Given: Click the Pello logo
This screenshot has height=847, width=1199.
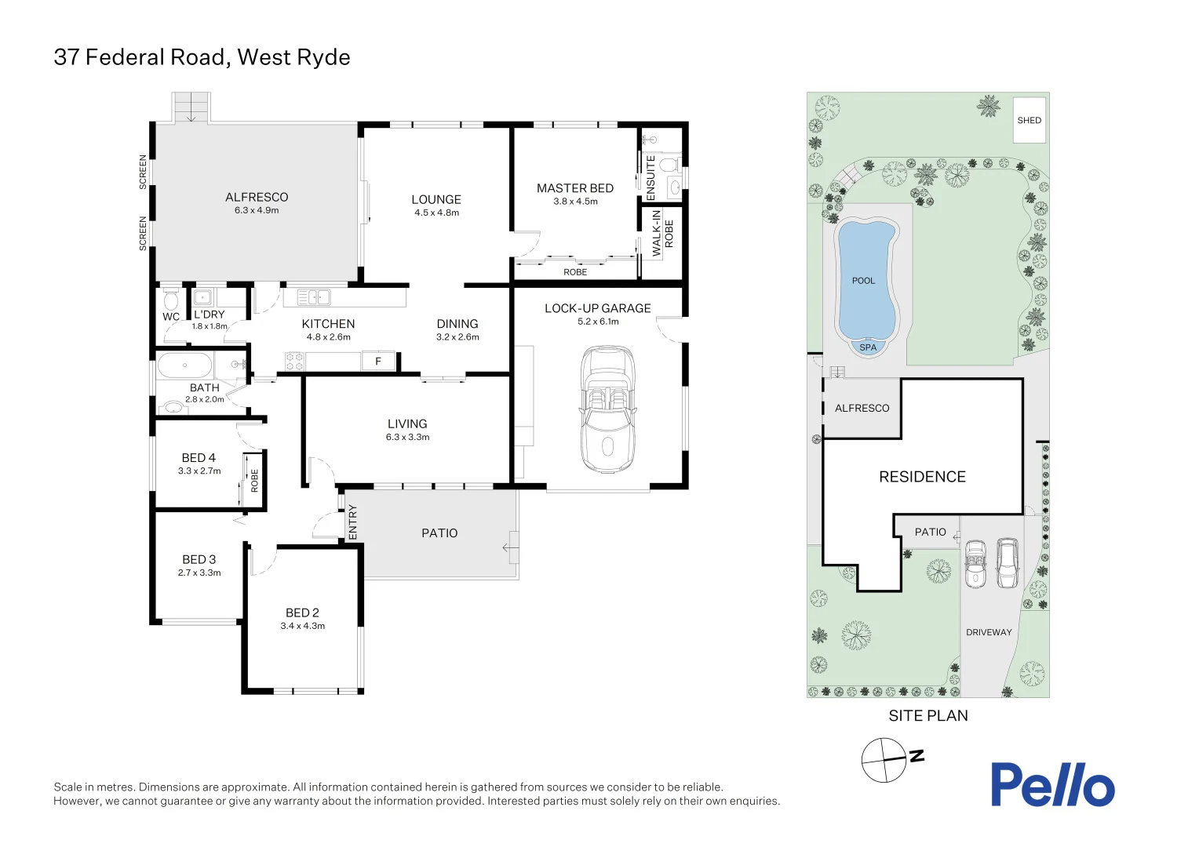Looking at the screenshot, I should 1051,784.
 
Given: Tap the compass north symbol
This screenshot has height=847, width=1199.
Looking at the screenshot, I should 884,760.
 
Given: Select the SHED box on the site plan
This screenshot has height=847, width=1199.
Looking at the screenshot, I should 1029,120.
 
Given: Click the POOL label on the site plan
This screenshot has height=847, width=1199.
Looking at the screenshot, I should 863,281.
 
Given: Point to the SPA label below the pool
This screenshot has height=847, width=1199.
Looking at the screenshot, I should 868,347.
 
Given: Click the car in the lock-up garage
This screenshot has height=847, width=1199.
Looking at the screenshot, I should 607,409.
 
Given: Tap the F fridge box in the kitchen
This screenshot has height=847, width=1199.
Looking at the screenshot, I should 378,362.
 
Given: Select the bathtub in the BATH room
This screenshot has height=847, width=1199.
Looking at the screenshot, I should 185,365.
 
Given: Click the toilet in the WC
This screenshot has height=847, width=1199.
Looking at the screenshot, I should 170,300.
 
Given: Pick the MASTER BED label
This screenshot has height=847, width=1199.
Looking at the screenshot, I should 574,188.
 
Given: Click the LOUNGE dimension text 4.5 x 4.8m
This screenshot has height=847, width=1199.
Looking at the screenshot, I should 436,213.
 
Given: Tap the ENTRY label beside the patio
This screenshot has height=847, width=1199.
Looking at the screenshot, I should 352,521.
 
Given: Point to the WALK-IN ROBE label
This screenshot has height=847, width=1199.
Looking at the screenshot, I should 662,233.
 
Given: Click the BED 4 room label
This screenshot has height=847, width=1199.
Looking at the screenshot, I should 199,458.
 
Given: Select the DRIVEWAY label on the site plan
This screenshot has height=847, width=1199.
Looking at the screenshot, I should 989,632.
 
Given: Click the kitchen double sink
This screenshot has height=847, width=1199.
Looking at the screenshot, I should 313,296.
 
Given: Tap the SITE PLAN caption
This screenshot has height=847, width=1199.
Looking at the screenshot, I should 927,715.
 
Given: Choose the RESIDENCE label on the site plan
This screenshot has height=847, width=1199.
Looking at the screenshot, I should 922,477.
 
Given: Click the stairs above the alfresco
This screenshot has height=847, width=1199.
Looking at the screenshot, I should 191,107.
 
